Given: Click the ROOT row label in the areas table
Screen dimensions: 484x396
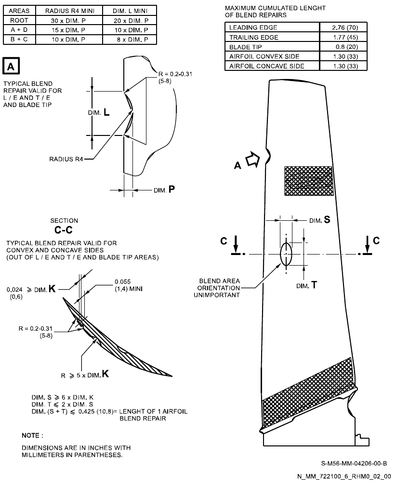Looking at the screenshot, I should pos(19,20).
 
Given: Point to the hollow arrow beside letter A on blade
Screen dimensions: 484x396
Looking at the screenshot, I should pos(252,161).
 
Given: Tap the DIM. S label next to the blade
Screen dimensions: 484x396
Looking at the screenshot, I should pos(319,220).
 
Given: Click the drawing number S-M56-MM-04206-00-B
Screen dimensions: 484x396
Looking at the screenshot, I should pos(354,464).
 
